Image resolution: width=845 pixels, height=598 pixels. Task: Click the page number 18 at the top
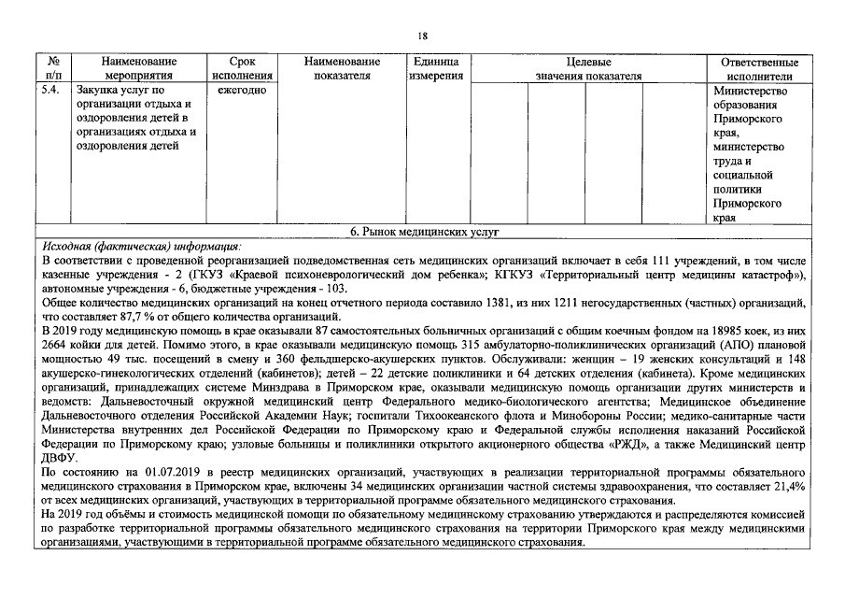click(x=422, y=36)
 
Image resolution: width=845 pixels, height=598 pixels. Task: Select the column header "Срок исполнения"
click(x=242, y=68)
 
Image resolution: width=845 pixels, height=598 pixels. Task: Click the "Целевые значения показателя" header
click(x=588, y=68)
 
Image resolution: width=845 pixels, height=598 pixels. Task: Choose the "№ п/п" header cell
click(x=53, y=68)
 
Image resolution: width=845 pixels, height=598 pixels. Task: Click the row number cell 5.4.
click(x=51, y=91)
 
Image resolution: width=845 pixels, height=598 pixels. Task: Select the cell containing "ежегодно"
click(x=242, y=91)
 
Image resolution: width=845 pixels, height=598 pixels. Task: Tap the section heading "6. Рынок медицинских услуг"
click(x=421, y=230)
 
